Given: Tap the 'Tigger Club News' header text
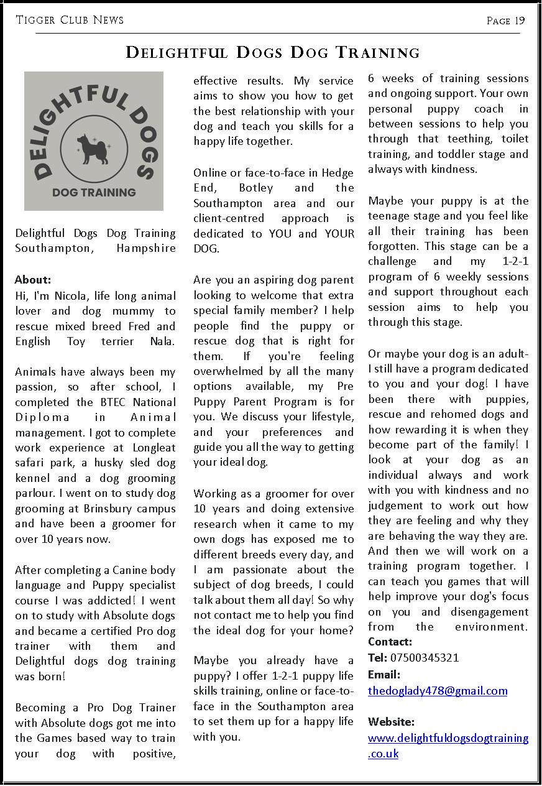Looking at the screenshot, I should pos(70,21).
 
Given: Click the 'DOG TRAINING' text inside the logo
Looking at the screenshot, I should pos(94,192).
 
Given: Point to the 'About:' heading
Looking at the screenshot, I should pos(33,280).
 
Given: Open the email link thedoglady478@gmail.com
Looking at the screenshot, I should pos(438,691).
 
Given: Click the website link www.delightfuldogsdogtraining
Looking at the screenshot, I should pos(448,738).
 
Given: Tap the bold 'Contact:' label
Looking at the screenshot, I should pos(390,642).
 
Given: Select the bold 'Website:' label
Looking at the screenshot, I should pos(391,722).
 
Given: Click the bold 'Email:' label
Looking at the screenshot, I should pos(384,675).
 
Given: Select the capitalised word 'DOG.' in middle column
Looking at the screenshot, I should pos(206,249).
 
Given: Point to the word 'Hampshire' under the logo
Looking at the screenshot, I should pos(146,248).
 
